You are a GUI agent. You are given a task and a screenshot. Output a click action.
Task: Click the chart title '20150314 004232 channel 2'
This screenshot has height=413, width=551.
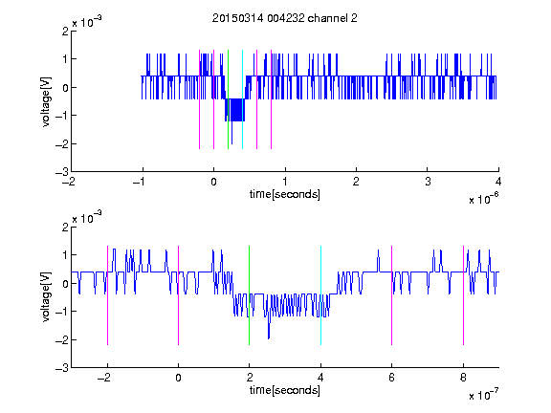click(285, 18)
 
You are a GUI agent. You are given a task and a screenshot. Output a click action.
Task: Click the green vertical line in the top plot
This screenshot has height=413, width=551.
click(228, 99)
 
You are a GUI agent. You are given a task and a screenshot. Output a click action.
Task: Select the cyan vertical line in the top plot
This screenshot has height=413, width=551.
click(242, 99)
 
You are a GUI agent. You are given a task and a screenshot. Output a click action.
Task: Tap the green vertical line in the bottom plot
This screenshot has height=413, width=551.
click(249, 295)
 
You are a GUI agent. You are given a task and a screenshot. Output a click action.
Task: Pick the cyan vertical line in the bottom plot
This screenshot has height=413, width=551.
click(320, 295)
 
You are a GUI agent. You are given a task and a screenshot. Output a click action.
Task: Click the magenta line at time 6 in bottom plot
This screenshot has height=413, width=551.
click(392, 295)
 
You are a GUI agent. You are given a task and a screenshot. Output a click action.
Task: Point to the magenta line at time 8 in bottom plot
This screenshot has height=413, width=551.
click(464, 295)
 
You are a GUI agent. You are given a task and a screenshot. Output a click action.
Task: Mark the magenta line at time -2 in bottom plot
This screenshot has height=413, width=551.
click(107, 295)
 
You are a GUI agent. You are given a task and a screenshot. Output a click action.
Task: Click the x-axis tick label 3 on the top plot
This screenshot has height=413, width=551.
click(428, 182)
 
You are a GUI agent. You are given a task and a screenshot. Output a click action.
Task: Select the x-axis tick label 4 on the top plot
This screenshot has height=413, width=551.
click(498, 182)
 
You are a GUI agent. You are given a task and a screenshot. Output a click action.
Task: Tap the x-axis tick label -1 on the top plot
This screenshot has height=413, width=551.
click(140, 182)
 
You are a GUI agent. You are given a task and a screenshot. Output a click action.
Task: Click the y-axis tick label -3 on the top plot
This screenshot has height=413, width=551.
click(62, 172)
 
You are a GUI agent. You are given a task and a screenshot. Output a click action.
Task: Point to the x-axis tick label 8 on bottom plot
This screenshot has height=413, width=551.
click(463, 378)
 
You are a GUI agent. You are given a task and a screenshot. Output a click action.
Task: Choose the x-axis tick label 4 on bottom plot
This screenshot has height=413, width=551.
click(320, 378)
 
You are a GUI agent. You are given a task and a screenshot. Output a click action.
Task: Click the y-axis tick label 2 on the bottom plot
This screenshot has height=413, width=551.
click(66, 227)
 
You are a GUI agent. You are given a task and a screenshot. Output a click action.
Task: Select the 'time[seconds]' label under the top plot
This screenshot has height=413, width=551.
click(285, 194)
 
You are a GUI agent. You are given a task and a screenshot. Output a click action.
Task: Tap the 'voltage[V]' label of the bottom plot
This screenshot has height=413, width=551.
click(46, 296)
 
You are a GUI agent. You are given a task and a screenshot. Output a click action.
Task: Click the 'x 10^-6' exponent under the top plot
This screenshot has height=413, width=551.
click(484, 198)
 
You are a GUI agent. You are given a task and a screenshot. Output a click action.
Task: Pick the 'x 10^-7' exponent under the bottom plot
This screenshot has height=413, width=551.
click(484, 395)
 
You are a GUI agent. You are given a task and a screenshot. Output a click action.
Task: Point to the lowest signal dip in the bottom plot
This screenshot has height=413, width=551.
click(269, 337)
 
